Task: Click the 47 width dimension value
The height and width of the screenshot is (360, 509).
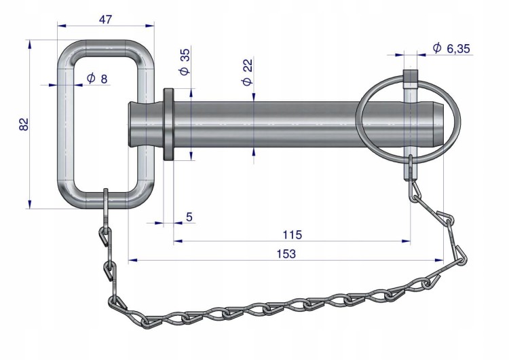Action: [105, 19]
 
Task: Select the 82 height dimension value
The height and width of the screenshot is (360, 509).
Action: [24, 124]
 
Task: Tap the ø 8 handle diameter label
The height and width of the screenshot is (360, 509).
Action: [97, 78]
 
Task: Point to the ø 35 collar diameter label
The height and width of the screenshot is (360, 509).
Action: [185, 62]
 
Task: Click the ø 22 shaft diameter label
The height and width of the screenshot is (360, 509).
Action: [247, 72]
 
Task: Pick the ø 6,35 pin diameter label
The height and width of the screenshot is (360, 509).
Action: [451, 48]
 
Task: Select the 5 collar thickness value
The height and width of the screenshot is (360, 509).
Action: [189, 217]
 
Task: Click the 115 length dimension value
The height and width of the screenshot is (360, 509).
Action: [292, 234]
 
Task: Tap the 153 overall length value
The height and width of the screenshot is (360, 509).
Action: [286, 253]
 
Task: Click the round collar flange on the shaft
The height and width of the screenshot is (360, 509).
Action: [168, 124]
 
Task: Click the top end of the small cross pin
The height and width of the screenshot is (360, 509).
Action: [410, 72]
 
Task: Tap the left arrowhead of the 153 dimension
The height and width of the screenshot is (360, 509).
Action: [132, 260]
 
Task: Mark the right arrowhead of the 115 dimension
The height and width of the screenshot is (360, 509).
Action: [406, 241]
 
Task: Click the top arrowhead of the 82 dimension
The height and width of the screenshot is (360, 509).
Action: [30, 44]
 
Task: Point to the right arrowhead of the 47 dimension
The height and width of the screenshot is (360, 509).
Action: [150, 25]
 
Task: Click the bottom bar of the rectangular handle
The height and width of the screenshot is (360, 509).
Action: [105, 200]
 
